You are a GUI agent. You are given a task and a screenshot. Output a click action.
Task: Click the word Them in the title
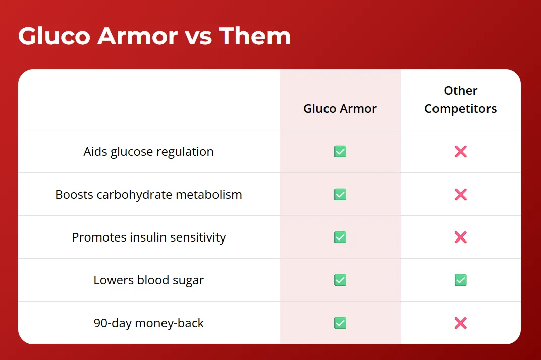[x=255, y=36]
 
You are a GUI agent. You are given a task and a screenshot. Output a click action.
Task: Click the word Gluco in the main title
[x=54, y=36]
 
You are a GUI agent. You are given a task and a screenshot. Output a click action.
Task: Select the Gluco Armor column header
[x=340, y=108]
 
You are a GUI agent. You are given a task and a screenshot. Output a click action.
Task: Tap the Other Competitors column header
[x=461, y=100]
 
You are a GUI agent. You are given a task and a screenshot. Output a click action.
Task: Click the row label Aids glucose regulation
[x=149, y=151]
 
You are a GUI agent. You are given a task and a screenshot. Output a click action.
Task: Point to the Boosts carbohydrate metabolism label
[x=149, y=195]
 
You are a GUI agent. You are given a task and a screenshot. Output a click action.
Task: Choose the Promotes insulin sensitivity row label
[x=149, y=237]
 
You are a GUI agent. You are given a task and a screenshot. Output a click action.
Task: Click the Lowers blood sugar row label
[x=149, y=280]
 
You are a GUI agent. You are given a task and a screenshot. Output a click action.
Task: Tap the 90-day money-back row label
[x=149, y=323]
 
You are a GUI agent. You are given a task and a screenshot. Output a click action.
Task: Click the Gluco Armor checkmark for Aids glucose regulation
[x=340, y=151]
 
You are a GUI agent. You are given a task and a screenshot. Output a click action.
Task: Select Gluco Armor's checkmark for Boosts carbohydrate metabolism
[x=340, y=195]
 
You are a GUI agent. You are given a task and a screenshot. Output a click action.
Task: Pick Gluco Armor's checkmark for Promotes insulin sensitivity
[x=340, y=237]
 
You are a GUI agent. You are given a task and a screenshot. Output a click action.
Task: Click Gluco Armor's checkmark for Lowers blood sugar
[x=340, y=280]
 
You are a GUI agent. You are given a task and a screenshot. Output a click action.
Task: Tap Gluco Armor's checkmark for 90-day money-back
[x=340, y=323]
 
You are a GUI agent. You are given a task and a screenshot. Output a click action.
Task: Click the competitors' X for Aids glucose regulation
[x=461, y=151]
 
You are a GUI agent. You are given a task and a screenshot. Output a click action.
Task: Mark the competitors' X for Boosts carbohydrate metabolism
[x=461, y=195]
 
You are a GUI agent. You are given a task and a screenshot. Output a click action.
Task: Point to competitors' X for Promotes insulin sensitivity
[x=461, y=237]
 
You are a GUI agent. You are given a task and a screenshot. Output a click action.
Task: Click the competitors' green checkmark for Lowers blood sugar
[x=461, y=280]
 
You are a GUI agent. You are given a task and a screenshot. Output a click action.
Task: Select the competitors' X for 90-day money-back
[x=461, y=323]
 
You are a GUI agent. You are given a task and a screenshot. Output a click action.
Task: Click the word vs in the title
[x=198, y=38]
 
